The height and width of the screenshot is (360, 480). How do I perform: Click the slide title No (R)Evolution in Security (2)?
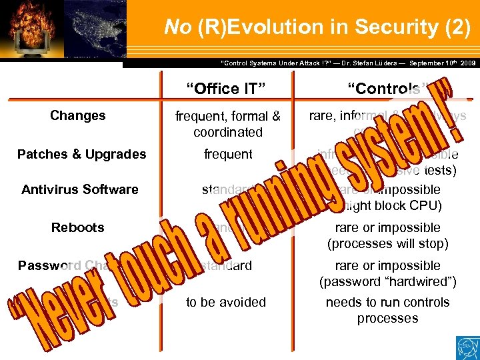[317, 27]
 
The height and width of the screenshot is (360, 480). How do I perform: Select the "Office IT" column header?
[226, 88]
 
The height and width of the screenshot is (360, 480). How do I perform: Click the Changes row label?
[77, 115]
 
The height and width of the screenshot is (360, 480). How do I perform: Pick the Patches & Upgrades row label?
[81, 154]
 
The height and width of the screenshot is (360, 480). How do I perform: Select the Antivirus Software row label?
[79, 189]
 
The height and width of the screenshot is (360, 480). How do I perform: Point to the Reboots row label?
[77, 227]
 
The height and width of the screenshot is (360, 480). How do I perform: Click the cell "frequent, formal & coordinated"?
[227, 124]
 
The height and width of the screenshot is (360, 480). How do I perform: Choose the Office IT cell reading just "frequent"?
[227, 154]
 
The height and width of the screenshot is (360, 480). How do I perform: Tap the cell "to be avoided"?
[226, 302]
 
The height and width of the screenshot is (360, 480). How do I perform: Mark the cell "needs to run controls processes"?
[387, 310]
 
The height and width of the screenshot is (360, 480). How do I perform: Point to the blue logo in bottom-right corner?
[466, 347]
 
